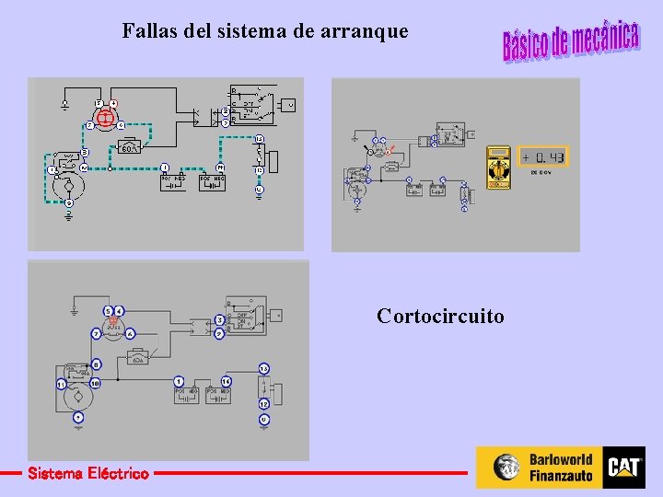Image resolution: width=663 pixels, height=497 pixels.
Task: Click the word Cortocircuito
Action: (x=440, y=317)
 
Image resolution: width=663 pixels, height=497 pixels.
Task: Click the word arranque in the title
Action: (x=365, y=31)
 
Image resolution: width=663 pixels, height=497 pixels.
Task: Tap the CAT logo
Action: (x=624, y=467)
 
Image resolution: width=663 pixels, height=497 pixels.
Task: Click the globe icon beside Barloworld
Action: (x=507, y=468)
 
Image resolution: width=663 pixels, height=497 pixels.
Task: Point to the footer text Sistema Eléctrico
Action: (x=87, y=474)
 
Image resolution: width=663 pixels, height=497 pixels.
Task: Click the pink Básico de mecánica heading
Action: (x=570, y=40)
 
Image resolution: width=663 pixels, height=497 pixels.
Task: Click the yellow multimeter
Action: (x=499, y=167)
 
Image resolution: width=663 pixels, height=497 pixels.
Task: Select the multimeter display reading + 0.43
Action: (x=543, y=157)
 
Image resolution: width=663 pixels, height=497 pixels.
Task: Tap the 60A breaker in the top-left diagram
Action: (x=130, y=147)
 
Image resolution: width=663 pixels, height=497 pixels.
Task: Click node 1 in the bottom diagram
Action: (x=179, y=381)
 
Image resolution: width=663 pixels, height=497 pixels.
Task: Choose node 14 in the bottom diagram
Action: (x=226, y=381)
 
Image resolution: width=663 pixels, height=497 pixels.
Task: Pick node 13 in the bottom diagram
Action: (x=263, y=369)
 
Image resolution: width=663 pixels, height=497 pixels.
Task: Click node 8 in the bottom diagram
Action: (x=96, y=365)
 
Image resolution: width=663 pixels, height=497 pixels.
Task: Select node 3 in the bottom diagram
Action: (x=219, y=319)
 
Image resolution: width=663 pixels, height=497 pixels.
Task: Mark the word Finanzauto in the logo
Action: (x=561, y=476)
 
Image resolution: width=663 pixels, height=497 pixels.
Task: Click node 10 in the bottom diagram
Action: (x=95, y=383)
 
